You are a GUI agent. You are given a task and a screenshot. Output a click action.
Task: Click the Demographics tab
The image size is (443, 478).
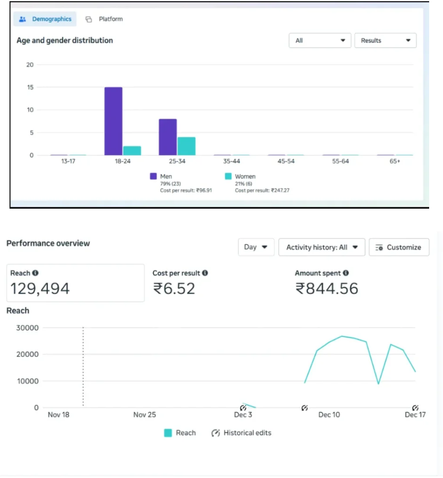(x=45, y=19)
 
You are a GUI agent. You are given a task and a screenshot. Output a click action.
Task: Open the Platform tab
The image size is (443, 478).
(x=104, y=19)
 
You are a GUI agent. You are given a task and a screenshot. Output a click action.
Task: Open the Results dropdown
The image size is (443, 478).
(x=385, y=40)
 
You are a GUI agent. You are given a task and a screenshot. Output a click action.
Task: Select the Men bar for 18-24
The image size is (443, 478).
(x=113, y=121)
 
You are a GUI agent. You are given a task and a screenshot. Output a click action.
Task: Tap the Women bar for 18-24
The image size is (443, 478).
(x=132, y=151)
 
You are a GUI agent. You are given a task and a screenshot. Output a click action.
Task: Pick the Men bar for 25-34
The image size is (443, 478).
(x=167, y=137)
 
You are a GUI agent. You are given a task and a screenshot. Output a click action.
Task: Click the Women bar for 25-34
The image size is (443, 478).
(x=187, y=146)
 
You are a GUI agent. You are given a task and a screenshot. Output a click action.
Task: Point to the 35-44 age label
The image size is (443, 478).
(x=232, y=161)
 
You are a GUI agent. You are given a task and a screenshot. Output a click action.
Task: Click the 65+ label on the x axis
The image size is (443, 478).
(x=395, y=161)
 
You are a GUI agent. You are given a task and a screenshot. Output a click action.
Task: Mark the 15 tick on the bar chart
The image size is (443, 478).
(x=30, y=87)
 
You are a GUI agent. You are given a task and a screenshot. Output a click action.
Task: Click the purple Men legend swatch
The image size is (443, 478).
(x=153, y=176)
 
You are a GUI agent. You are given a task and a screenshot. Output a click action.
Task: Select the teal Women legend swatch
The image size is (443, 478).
(x=228, y=176)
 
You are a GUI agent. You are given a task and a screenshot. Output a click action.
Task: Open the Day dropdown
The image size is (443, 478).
(x=256, y=247)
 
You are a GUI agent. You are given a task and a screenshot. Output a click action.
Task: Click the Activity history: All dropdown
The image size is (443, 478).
(x=322, y=247)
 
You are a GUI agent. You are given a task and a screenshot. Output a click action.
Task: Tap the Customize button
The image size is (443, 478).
(x=399, y=247)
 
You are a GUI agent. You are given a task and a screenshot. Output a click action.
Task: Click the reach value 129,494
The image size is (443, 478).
(x=40, y=288)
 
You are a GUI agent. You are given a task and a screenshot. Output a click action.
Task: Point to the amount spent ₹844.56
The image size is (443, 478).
(x=326, y=288)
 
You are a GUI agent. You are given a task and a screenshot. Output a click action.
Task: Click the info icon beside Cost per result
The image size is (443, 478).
(x=205, y=273)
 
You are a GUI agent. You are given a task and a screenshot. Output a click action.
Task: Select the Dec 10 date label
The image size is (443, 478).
(x=329, y=414)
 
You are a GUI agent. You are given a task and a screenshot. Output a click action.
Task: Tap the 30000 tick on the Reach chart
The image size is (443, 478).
(x=27, y=328)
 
